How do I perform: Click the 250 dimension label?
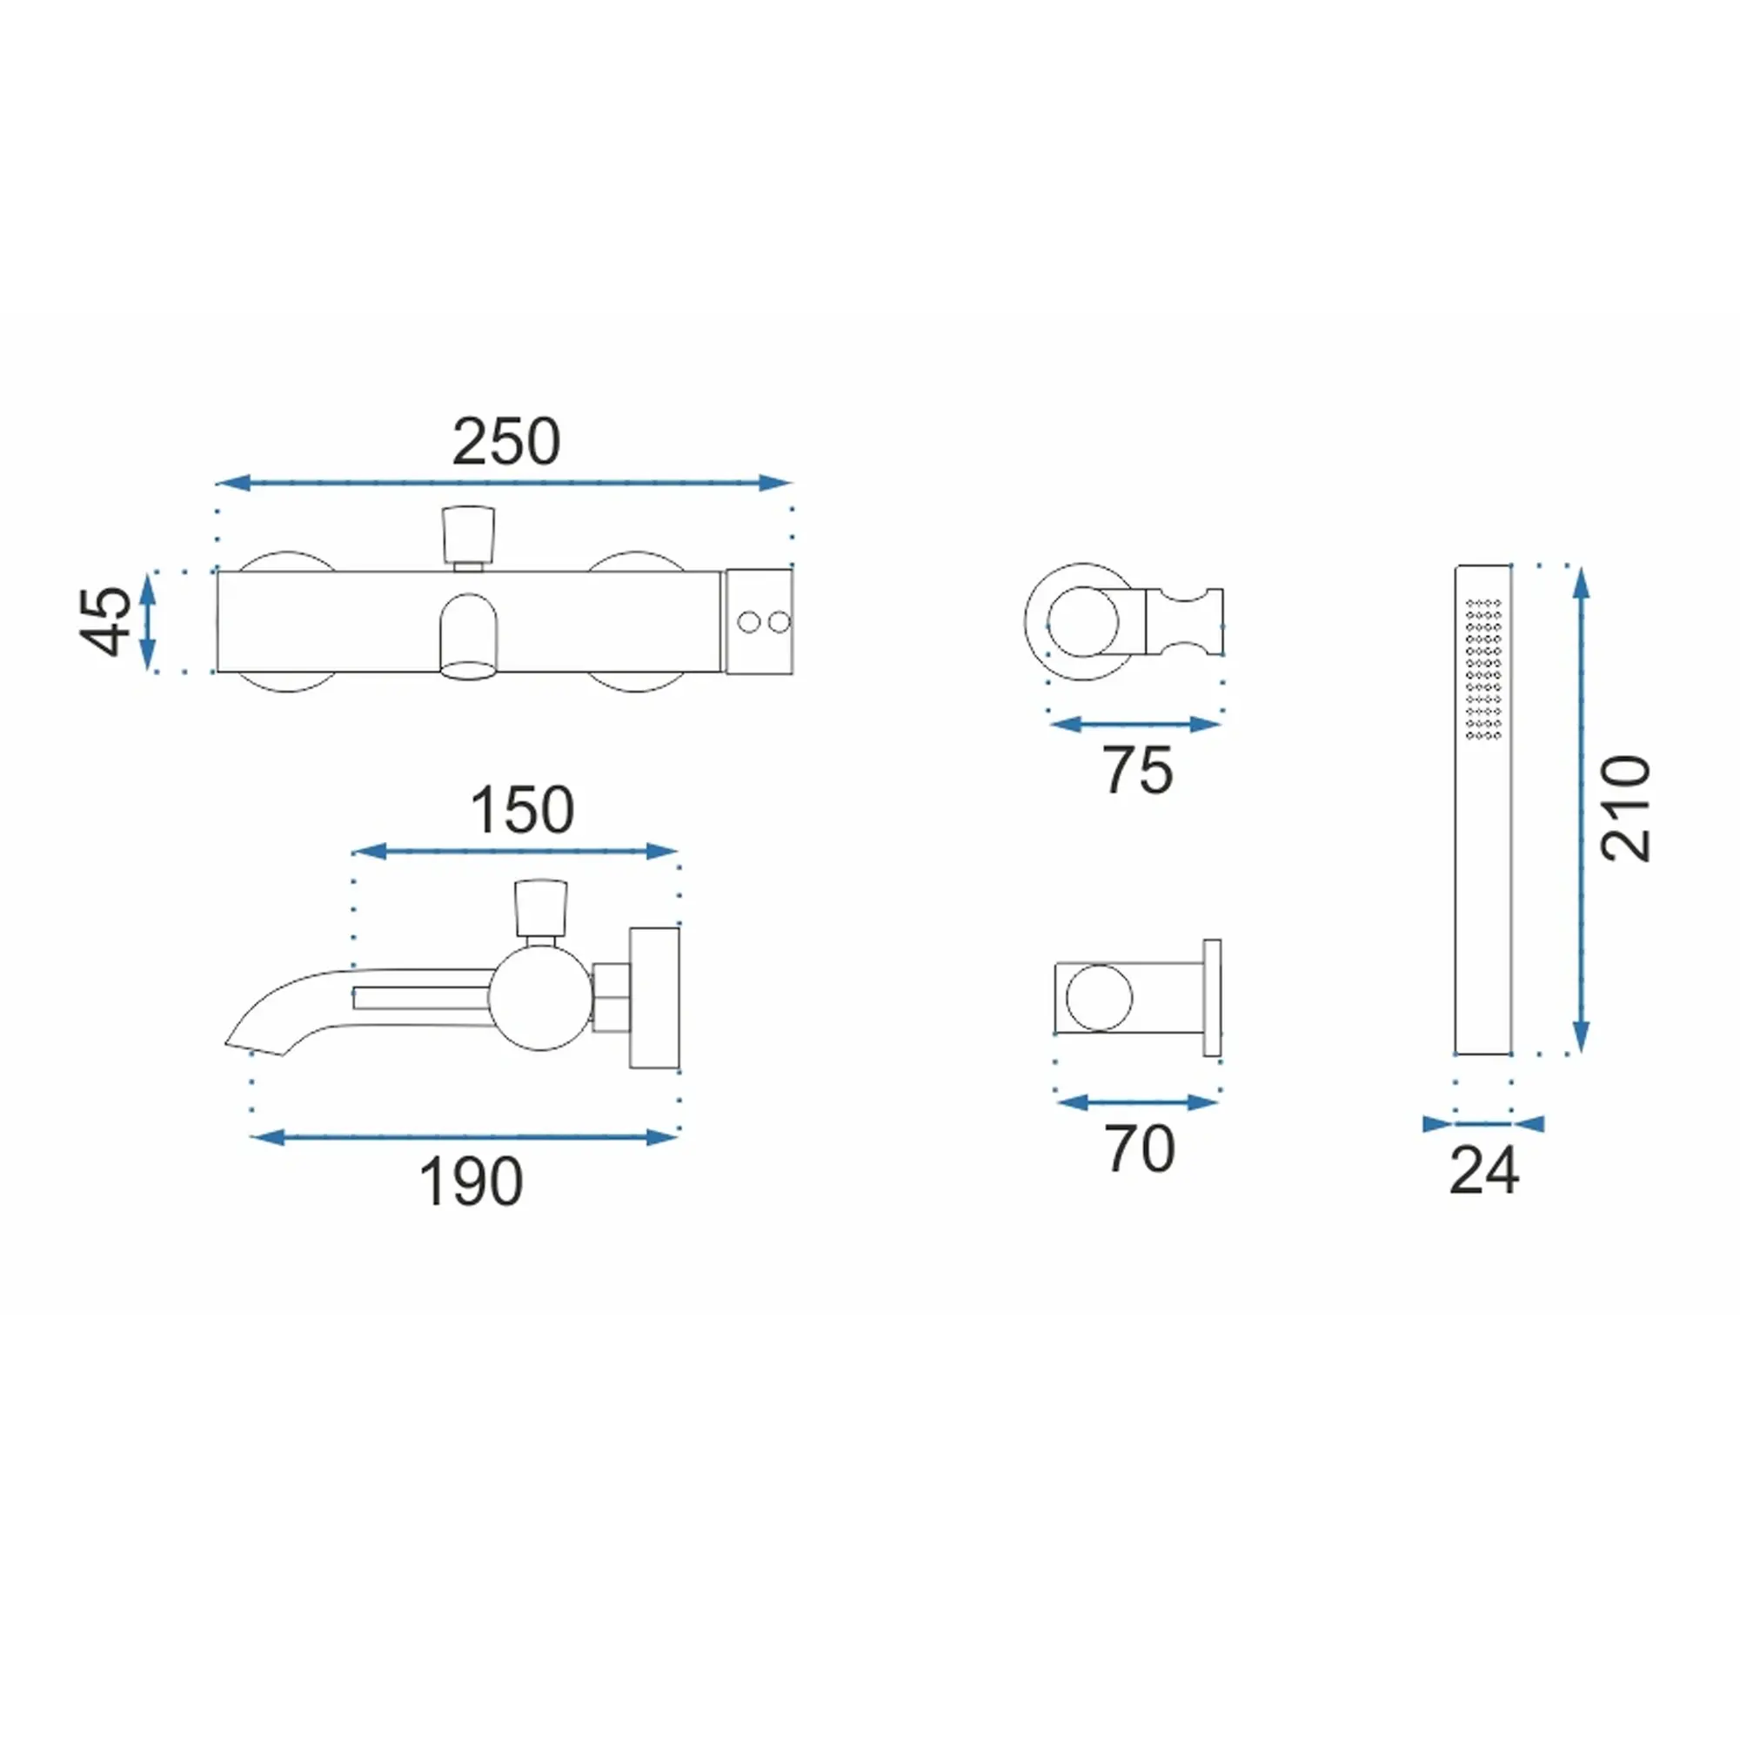(x=506, y=441)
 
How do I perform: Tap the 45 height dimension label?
(x=106, y=620)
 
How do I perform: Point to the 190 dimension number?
(x=471, y=1181)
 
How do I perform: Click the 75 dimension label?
(x=1138, y=770)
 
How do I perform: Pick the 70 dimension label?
(x=1141, y=1148)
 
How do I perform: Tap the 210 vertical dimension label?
(x=1626, y=808)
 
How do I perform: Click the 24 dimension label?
(x=1484, y=1171)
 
